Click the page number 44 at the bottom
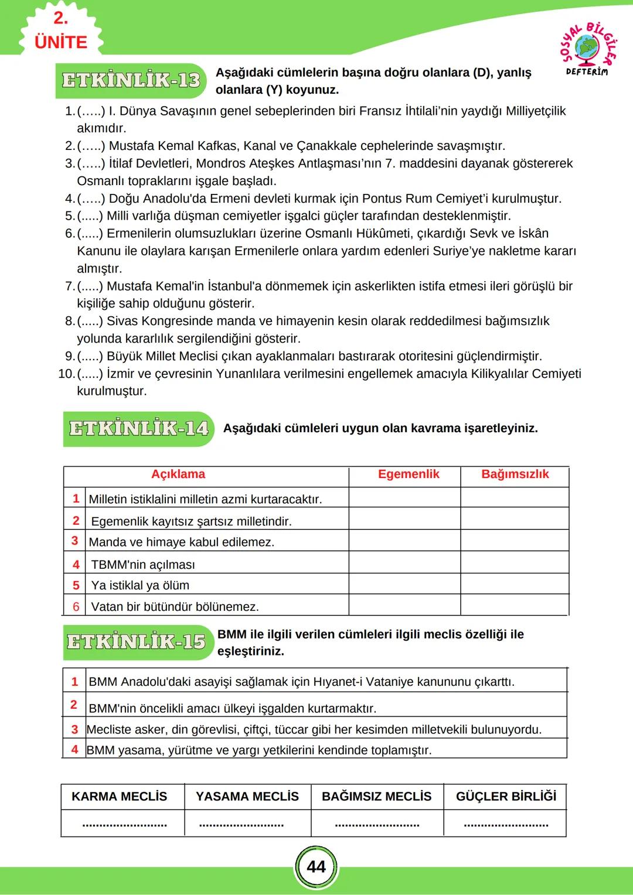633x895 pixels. [316, 867]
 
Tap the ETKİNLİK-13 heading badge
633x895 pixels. [131, 80]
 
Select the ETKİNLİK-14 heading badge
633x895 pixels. [138, 429]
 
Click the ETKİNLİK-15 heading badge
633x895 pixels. [136, 642]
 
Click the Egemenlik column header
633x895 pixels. [408, 474]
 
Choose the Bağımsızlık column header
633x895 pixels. [515, 474]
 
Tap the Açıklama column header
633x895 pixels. [178, 474]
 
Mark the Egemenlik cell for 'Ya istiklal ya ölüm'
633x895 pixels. [404, 585]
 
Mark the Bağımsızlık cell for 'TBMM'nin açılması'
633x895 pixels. [515, 563]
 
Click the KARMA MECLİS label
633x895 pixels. [119, 797]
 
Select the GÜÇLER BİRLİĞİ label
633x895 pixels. [506, 797]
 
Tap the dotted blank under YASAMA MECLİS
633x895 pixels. [241, 824]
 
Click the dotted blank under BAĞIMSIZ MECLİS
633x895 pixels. [377, 824]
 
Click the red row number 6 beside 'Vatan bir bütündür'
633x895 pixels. [76, 607]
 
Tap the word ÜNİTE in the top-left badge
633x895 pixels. [61, 42]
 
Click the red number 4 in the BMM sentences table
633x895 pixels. [74, 750]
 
